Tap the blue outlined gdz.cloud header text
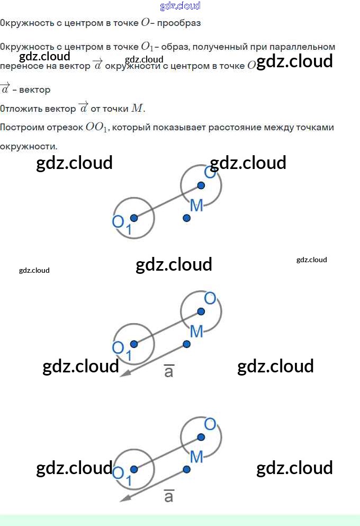[x=180, y=6]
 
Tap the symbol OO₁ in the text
[x=97, y=128]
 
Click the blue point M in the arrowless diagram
[x=186, y=218]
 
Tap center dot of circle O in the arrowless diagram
[x=201, y=185]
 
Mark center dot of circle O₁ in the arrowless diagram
[x=134, y=218]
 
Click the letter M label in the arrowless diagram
[x=196, y=206]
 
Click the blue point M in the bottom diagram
[x=186, y=469]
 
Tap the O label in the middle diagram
[x=210, y=298]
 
